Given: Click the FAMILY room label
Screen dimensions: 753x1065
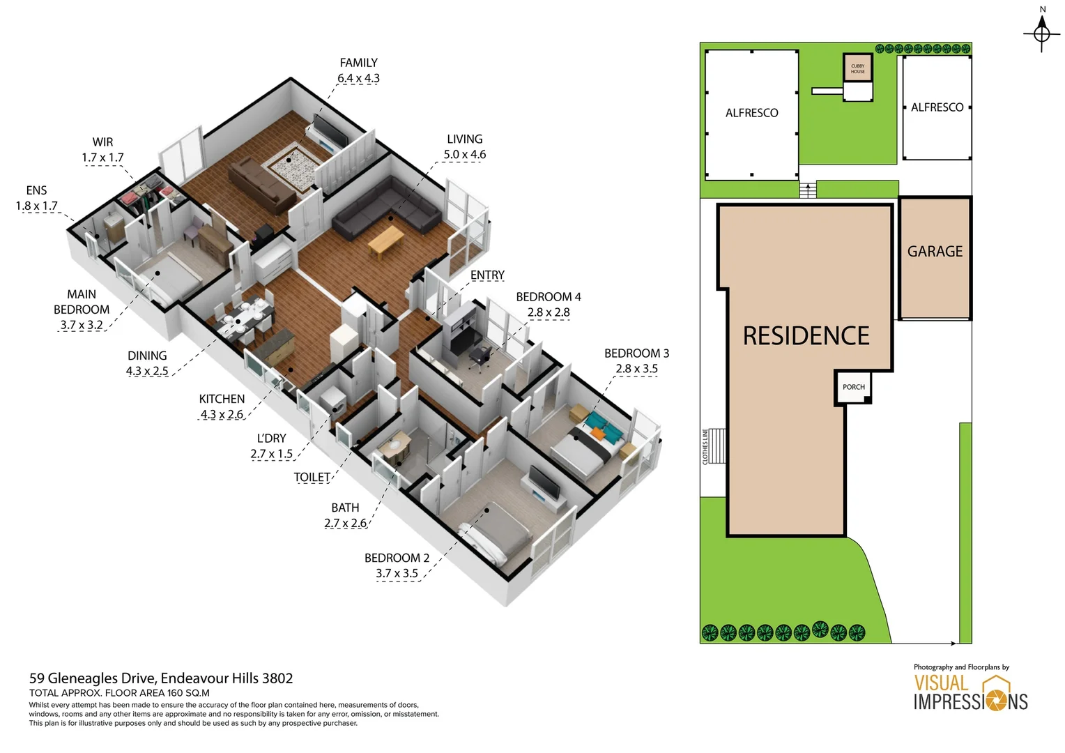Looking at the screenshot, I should point(358,63).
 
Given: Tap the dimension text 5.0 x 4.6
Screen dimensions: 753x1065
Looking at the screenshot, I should point(464,155).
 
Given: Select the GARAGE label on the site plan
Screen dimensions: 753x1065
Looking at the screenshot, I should point(935,252).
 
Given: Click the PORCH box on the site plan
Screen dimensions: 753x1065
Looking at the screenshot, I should point(853,388).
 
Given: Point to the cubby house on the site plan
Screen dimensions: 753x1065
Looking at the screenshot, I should point(857,69).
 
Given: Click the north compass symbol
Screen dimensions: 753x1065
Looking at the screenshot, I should point(1041,32).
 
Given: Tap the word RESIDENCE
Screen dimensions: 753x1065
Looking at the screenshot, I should point(806,336).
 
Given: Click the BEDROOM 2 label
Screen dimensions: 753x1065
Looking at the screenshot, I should point(397,558).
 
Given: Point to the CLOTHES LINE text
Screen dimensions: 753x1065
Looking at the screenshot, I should point(705,447).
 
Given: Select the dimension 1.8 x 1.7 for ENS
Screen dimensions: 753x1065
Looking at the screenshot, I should point(36,206).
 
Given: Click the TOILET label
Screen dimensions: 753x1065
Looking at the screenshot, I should point(312,478).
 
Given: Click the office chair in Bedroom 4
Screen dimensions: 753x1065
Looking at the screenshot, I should point(480,355).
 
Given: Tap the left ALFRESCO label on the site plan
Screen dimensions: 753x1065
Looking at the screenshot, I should point(751,113).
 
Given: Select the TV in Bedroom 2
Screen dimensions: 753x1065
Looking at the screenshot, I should point(544,482).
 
